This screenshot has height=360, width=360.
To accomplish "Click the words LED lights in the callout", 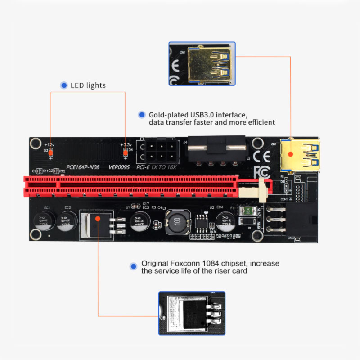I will [88, 85].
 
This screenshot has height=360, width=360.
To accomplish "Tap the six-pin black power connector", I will [157, 152].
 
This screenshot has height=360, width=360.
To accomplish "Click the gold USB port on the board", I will [299, 154].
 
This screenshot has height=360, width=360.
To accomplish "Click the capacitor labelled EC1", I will [45, 221].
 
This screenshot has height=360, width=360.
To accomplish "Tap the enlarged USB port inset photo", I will [202, 64].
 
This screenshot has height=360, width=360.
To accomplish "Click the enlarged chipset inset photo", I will [192, 313].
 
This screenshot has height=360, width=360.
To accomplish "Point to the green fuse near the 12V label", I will [246, 210].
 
